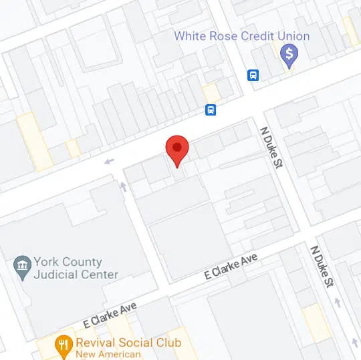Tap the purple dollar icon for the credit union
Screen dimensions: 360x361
[289, 55]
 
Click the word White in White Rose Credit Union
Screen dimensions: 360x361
[191, 35]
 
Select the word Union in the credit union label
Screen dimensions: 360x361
[292, 35]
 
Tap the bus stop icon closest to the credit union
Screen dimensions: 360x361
[253, 75]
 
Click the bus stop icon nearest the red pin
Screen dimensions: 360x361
[211, 110]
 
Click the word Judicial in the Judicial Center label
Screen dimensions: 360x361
[57, 275]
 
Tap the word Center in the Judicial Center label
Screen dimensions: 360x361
[100, 275]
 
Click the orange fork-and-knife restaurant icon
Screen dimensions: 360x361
[64, 345]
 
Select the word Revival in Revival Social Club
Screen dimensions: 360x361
[98, 343]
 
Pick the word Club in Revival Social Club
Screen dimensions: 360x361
[168, 343]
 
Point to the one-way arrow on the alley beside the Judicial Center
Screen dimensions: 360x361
[122, 186]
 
